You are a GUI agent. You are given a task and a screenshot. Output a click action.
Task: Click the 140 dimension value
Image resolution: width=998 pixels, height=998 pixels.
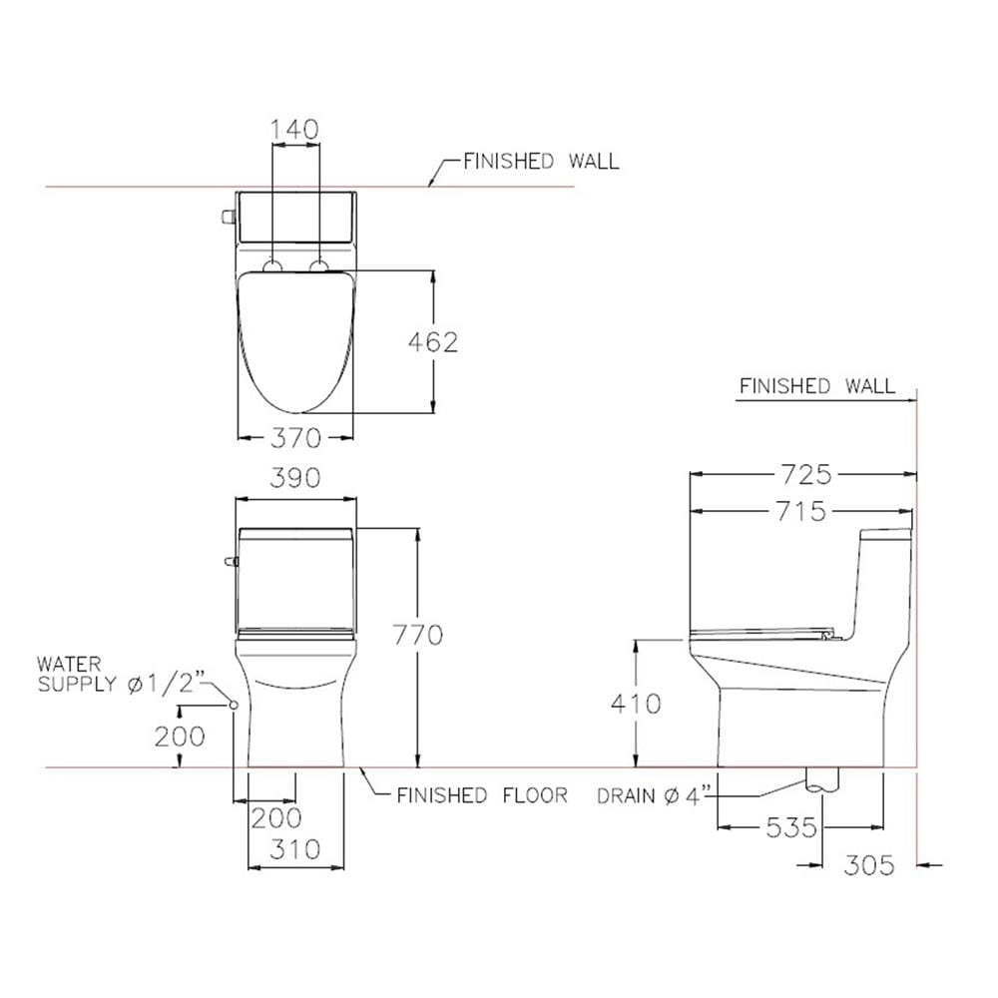coord(294,130)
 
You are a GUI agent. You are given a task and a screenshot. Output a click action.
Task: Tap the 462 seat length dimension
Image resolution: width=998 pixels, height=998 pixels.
coord(433,342)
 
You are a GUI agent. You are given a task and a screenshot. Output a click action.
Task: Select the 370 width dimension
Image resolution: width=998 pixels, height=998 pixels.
coord(296,438)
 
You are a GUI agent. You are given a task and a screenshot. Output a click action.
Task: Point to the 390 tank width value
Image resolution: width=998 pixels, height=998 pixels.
coord(295,478)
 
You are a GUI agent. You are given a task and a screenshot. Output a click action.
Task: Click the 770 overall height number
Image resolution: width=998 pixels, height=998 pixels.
coord(417,635)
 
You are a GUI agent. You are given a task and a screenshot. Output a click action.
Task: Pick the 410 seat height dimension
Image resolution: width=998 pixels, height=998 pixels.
coord(636,704)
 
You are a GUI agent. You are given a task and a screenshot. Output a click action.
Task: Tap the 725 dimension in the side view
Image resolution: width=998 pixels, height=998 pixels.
coord(806,474)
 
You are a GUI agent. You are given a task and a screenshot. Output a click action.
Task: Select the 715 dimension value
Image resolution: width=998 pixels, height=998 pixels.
coord(801,511)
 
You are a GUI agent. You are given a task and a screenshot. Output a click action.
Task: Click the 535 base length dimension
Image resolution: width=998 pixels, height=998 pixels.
coord(791,827)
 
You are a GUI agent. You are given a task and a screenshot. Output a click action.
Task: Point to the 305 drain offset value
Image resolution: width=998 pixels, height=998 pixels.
coord(869,865)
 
